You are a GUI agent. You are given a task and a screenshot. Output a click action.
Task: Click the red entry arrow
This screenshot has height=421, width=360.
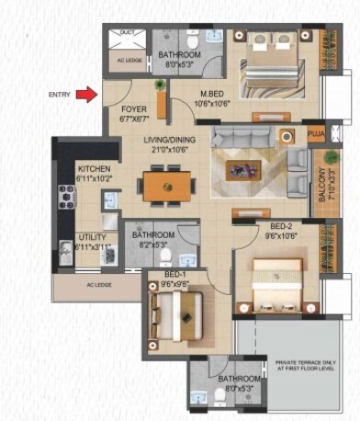pyautogui.click(x=85, y=94)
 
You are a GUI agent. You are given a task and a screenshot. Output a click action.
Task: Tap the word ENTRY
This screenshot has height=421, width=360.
pyautogui.click(x=61, y=94)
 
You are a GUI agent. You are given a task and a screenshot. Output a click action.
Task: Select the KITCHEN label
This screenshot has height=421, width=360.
pyautogui.click(x=95, y=169)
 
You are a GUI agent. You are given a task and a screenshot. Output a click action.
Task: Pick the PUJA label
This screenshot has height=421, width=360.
pyautogui.click(x=316, y=135)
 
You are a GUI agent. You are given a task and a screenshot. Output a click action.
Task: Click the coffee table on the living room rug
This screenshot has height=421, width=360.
pyautogui.click(x=245, y=168)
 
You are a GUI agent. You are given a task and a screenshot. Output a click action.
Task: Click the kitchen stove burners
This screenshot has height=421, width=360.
pyautogui.click(x=65, y=196)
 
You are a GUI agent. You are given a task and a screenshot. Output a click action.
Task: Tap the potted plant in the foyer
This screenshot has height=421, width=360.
pyautogui.click(x=162, y=86)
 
